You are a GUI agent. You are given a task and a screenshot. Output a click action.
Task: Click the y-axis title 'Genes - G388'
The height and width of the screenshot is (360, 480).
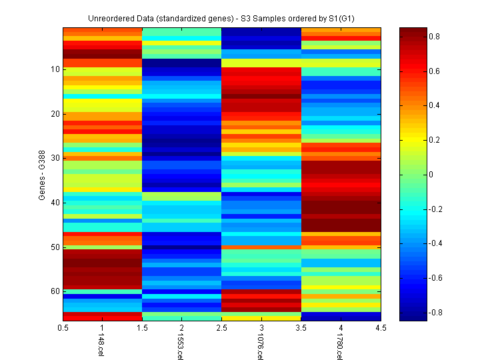point(41,175)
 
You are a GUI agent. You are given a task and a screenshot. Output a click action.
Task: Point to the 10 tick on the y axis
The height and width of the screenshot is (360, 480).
point(55,69)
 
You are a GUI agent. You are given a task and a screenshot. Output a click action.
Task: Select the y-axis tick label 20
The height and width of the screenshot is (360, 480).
point(55,114)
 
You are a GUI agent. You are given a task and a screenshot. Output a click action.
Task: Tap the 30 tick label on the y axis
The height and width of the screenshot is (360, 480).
point(55,158)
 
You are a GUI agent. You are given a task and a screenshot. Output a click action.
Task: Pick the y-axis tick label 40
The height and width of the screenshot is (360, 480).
point(55,203)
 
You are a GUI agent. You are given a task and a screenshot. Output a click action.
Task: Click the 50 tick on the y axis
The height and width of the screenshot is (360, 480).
point(55,247)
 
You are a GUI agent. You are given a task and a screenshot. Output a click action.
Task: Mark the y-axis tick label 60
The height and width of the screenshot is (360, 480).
point(55,291)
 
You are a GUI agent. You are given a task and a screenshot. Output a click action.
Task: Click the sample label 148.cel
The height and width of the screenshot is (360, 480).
point(100,345)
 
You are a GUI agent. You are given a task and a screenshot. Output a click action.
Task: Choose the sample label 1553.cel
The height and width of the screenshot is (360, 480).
point(180,347)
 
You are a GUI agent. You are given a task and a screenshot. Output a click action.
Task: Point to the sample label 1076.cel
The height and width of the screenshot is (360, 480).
point(259,347)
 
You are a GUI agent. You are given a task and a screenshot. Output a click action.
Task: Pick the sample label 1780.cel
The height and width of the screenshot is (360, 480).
point(339,347)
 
